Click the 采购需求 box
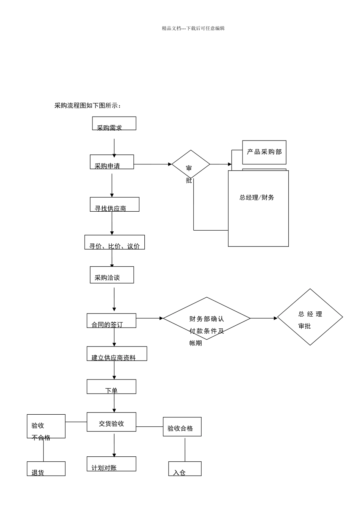pyautogui.click(x=114, y=123)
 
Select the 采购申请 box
pyautogui.click(x=112, y=162)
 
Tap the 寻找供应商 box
pyautogui.click(x=114, y=205)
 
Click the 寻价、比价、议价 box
pyautogui.click(x=114, y=242)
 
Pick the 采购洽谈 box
pyautogui.click(x=112, y=275)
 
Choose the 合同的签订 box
pyautogui.click(x=111, y=321)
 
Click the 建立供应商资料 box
pyautogui.click(x=117, y=354)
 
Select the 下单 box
pyautogui.click(x=111, y=387)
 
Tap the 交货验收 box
pyautogui.click(x=111, y=422)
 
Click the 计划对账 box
pyautogui.click(x=111, y=464)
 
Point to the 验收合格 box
pyautogui.click(x=182, y=427)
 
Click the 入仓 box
pyautogui.click(x=185, y=469)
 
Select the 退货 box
pyautogui.click(x=46, y=469)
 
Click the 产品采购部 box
pyautogui.click(x=264, y=152)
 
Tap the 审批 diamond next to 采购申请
pyautogui.click(x=191, y=164)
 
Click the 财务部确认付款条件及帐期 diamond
pyautogui.click(x=207, y=319)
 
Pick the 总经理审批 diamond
pyautogui.click(x=310, y=317)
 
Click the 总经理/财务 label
pyautogui.click(x=257, y=197)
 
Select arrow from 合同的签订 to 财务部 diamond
pyautogui.click(x=149, y=319)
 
